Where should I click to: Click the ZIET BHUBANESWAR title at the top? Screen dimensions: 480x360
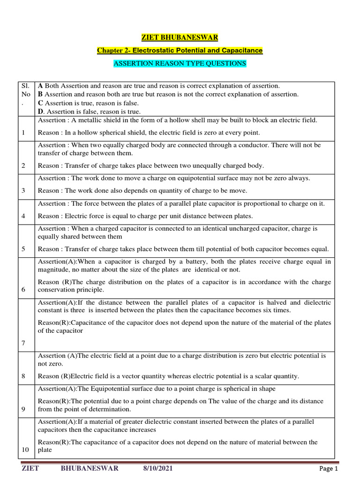(x=180, y=37)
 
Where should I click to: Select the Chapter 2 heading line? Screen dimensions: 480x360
(x=180, y=50)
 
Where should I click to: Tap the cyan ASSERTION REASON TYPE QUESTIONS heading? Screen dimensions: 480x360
(x=180, y=63)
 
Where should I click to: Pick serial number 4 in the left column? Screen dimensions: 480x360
(x=23, y=216)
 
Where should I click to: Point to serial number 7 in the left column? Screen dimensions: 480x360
(x=23, y=344)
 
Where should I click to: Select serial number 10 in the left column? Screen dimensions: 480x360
(x=25, y=450)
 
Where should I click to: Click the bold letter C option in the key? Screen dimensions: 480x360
(x=41, y=103)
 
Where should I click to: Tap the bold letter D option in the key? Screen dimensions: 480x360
(x=41, y=112)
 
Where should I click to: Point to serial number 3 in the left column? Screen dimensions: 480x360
(x=23, y=191)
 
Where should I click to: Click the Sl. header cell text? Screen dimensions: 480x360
(x=25, y=86)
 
